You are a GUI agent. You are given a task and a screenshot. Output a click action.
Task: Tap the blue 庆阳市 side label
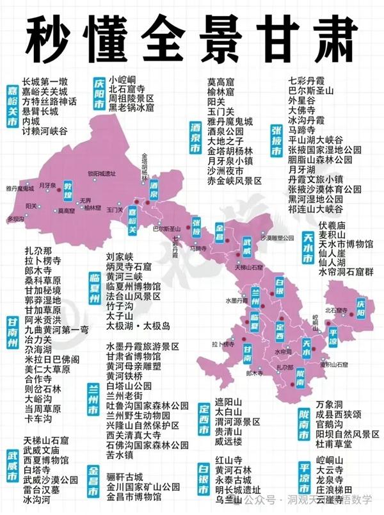pos(99,94)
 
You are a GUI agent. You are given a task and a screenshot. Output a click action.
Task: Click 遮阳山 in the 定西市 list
pos(229,401)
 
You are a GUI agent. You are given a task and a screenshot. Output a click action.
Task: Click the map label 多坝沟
pos(15,218)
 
